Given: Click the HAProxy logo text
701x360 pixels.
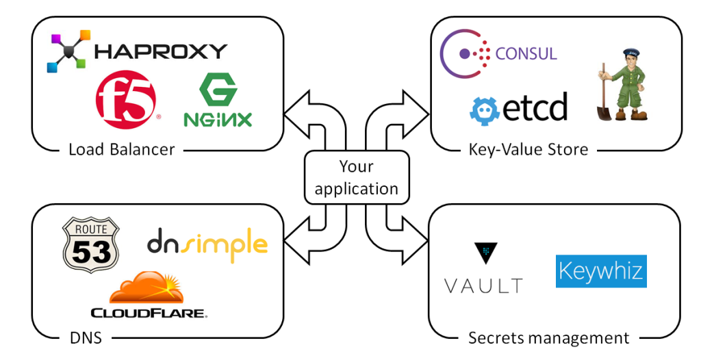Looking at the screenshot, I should tap(160, 51).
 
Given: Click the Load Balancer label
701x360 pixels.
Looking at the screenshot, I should tap(122, 149).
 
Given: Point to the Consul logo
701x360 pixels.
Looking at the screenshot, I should tap(499, 53).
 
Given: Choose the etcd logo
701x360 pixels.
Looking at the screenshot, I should tap(519, 108).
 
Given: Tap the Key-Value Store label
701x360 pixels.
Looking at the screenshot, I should tap(528, 149).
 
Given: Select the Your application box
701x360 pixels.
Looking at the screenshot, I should tap(356, 177).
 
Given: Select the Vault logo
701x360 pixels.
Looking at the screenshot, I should tap(483, 268).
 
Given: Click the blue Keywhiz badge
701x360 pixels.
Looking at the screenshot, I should tap(600, 271).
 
